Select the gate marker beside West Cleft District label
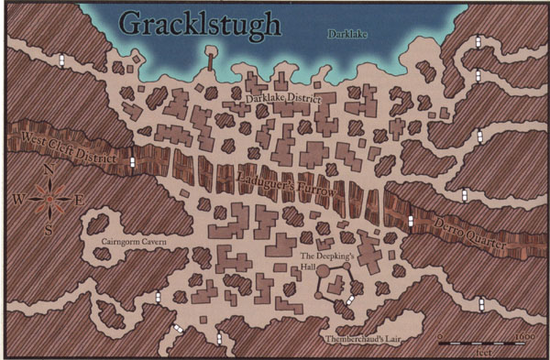click(134, 162)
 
